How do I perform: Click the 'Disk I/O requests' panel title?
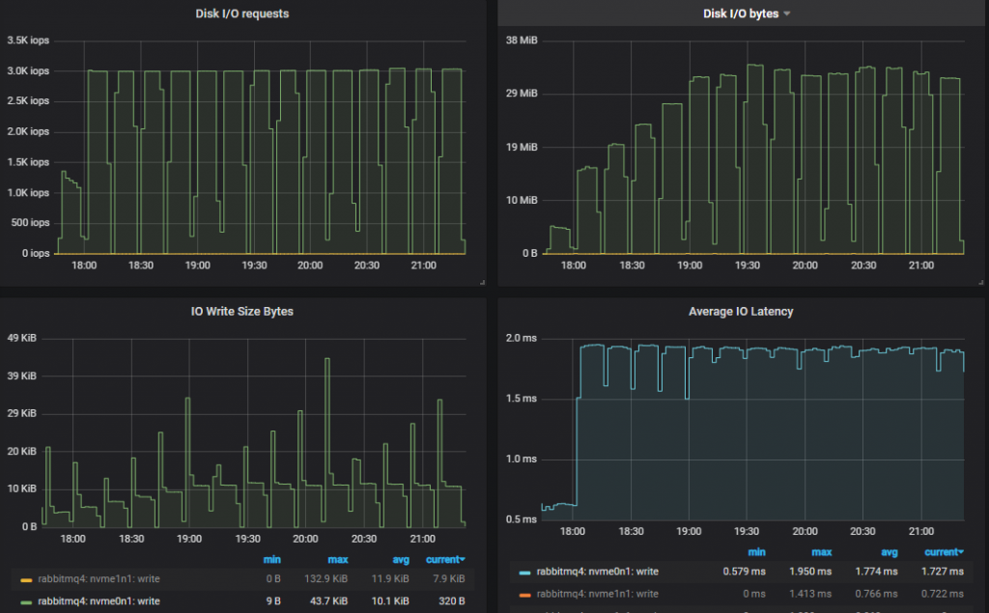[x=241, y=14]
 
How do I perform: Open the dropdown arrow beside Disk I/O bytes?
[x=786, y=14]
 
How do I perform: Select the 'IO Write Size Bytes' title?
[x=241, y=311]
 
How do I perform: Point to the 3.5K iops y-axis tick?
[x=27, y=41]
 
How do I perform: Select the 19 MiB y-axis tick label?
[x=523, y=147]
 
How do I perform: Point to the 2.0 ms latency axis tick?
[x=523, y=338]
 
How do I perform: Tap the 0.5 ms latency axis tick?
[x=523, y=519]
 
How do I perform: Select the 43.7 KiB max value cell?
[x=332, y=600]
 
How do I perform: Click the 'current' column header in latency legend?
[x=943, y=552]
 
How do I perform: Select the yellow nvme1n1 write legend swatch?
[x=26, y=579]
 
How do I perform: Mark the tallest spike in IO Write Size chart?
[x=327, y=359]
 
